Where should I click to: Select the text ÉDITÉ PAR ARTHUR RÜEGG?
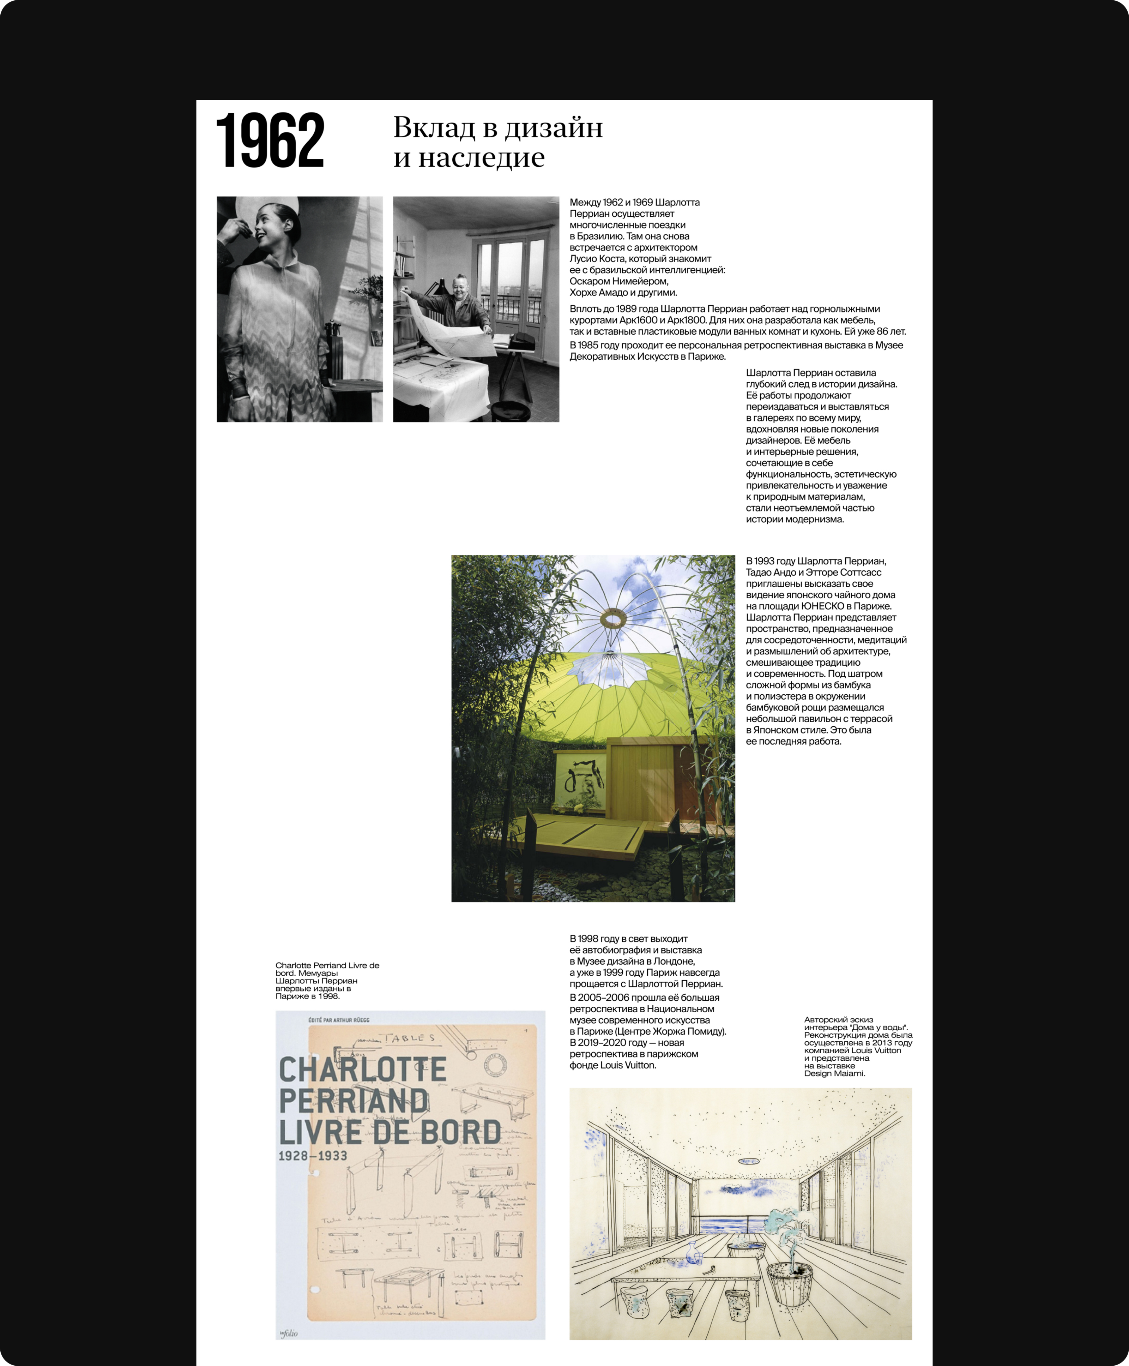[339, 1020]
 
